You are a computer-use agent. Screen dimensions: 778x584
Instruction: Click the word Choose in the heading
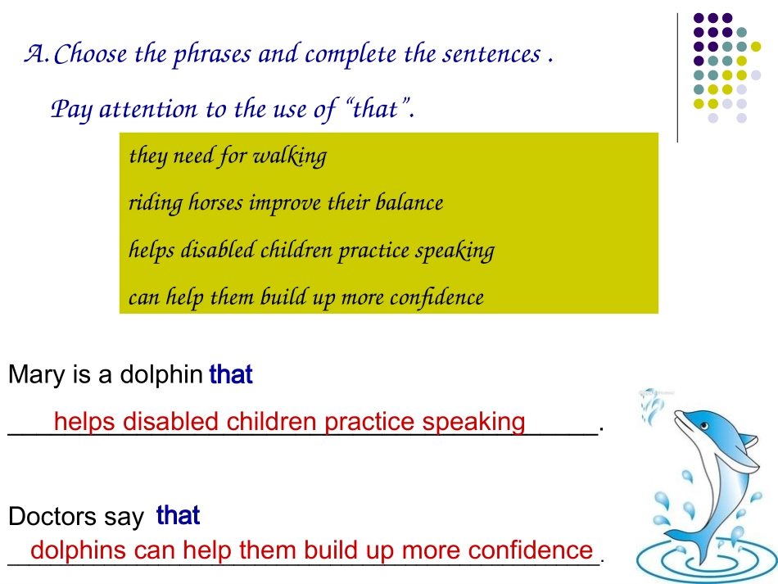(90, 53)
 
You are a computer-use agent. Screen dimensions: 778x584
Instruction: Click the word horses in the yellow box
(215, 202)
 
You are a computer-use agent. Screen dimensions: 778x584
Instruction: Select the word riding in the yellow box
(156, 203)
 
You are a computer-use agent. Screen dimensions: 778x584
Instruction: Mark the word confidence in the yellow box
(436, 297)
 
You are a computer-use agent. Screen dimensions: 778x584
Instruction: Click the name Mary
(36, 374)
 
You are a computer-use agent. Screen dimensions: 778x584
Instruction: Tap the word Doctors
(52, 516)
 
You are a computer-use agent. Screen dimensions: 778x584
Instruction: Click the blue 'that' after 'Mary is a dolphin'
(231, 374)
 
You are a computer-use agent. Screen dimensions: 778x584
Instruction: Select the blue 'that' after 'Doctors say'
(179, 515)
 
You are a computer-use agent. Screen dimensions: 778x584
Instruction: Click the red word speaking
(474, 423)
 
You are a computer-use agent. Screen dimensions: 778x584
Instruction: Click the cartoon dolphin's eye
(704, 426)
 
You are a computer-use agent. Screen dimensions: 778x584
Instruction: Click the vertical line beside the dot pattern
(677, 78)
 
